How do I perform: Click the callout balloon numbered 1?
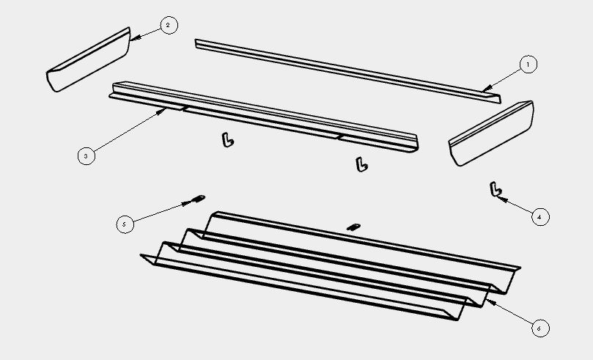point(528,65)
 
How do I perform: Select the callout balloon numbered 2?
point(169,26)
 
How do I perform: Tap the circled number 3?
point(86,155)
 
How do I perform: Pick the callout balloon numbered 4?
point(540,217)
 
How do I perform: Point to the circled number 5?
point(125,224)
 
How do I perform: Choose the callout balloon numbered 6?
point(540,328)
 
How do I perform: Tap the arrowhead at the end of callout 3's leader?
point(162,111)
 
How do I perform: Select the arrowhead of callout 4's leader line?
point(501,199)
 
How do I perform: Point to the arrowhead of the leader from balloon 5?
point(187,203)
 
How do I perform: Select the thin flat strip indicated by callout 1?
point(348,71)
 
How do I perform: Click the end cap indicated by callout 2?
point(89,59)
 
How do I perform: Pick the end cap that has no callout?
point(491,133)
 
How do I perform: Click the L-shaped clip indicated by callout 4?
point(495,189)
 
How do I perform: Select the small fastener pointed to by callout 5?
point(199,198)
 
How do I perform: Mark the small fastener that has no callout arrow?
point(353,227)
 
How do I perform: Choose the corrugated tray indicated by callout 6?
point(330,266)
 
